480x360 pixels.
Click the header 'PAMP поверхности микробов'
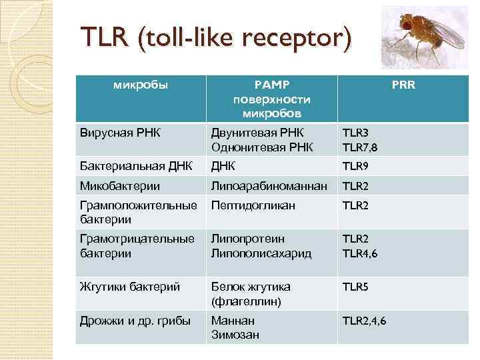[272, 98]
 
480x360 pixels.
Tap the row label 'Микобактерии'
[112, 185]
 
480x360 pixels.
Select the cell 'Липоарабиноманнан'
[269, 185]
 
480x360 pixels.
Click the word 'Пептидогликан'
[253, 205]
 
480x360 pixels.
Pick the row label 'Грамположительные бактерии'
[137, 212]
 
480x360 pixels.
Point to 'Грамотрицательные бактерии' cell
[136, 246]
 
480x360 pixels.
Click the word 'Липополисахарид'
[261, 253]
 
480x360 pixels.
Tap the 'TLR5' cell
[355, 287]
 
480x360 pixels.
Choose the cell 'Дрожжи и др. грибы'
[134, 321]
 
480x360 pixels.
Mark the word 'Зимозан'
[235, 335]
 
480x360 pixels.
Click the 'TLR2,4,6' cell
[364, 321]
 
